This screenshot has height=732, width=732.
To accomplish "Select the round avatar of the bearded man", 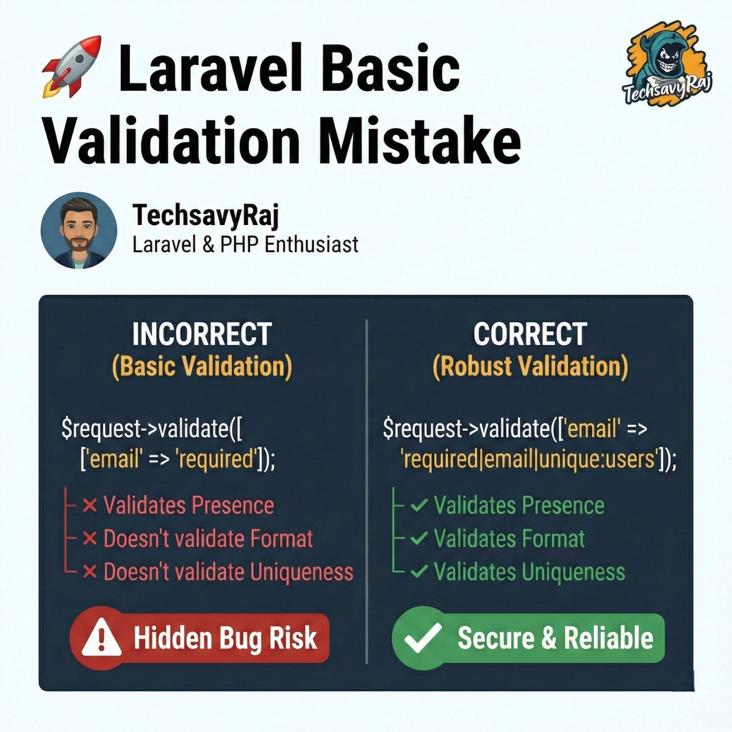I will pyautogui.click(x=79, y=231).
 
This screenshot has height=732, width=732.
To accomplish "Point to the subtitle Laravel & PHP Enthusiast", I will pyautogui.click(x=245, y=245).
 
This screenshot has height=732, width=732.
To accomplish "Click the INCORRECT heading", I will pyautogui.click(x=201, y=334).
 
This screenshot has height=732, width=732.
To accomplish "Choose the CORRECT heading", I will pyautogui.click(x=529, y=334).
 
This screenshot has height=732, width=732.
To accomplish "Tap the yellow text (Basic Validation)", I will pyautogui.click(x=202, y=367).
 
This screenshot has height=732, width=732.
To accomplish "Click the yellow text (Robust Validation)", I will pyautogui.click(x=530, y=367).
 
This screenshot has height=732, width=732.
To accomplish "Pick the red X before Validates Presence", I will pyautogui.click(x=90, y=506).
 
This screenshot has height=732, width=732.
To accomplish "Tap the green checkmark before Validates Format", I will pyautogui.click(x=419, y=539).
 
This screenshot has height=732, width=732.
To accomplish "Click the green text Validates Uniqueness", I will pyautogui.click(x=529, y=572).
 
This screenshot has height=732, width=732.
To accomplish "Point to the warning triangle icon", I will pyautogui.click(x=101, y=638).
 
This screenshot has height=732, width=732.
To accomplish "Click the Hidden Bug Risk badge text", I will pyautogui.click(x=225, y=638).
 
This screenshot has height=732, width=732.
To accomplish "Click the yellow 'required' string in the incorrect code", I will pyautogui.click(x=214, y=459).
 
